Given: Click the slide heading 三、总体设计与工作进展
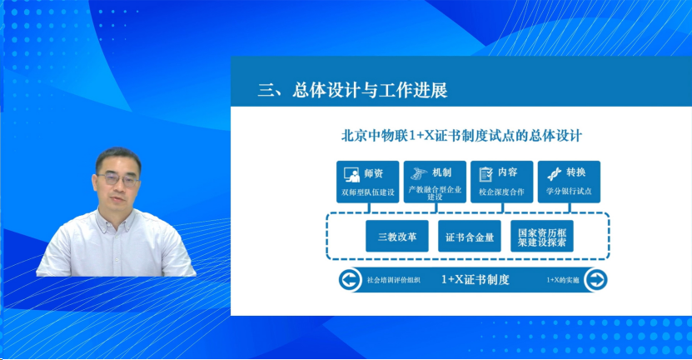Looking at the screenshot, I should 354,90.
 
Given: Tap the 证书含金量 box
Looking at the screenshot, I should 470,237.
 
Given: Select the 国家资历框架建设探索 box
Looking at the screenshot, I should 541,237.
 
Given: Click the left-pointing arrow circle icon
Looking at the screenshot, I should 350,280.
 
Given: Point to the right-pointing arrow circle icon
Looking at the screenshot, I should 595,280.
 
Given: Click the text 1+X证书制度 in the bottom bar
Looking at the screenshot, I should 475,280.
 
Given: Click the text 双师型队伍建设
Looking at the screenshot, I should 366,192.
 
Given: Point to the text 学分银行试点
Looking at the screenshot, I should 569,192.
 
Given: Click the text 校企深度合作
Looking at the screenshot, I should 501,192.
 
